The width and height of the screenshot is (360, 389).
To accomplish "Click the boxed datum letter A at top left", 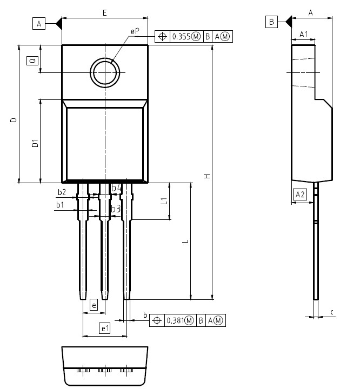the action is [x=39, y=24].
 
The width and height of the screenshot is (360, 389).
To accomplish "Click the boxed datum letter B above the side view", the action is [x=271, y=22].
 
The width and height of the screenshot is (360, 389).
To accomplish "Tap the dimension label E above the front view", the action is [x=105, y=12].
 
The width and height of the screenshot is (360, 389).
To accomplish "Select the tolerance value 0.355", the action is [x=182, y=37].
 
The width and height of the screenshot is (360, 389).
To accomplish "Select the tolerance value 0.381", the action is [x=176, y=320].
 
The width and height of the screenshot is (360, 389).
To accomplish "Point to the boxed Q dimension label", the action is [x=32, y=61].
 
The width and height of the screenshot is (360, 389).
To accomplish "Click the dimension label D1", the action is [x=35, y=143].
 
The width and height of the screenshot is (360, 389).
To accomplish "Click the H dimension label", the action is [x=207, y=176].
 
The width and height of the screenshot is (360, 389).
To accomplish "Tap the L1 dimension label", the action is [x=164, y=200].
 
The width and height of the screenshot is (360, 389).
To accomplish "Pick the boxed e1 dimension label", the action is [x=104, y=328].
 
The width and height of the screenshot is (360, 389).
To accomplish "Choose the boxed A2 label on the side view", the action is [x=300, y=194].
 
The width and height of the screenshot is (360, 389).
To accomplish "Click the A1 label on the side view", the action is [x=303, y=34].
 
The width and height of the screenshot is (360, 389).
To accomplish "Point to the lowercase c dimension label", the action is [x=332, y=312].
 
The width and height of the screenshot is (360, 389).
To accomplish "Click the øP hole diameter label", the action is [x=135, y=31].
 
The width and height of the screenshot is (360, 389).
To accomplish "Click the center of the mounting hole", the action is [x=105, y=72].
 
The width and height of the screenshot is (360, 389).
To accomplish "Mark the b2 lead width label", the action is [x=62, y=192].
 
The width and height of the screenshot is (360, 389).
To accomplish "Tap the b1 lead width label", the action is [x=60, y=205].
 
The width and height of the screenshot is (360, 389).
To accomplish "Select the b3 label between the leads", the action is [x=116, y=209].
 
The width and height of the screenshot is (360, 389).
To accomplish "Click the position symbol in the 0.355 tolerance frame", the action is [x=162, y=37].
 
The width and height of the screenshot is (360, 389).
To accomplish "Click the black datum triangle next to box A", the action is [x=58, y=24].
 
